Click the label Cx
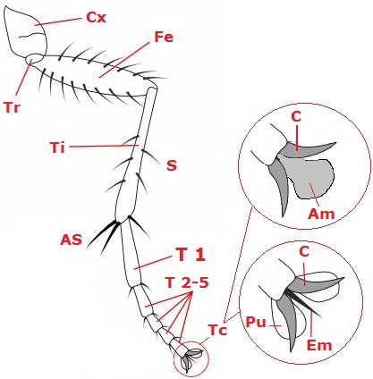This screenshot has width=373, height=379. [x=96, y=17]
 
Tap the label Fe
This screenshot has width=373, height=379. [x=164, y=37]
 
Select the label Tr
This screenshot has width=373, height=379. [x=12, y=107]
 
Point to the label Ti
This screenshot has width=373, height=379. [x=57, y=147]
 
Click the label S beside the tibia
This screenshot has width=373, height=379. [x=172, y=165]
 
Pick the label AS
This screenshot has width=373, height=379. [x=71, y=240]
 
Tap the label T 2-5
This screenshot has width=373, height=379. [x=187, y=282]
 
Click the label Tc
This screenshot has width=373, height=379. [x=218, y=330]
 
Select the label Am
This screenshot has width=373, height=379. [x=321, y=214]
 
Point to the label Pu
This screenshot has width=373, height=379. [x=256, y=323]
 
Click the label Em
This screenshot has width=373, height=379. [x=319, y=345]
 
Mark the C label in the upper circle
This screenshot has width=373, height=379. [x=296, y=117]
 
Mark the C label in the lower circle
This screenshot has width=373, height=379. [x=304, y=252]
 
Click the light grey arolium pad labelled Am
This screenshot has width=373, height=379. [x=311, y=177]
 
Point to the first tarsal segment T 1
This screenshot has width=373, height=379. [x=131, y=254]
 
